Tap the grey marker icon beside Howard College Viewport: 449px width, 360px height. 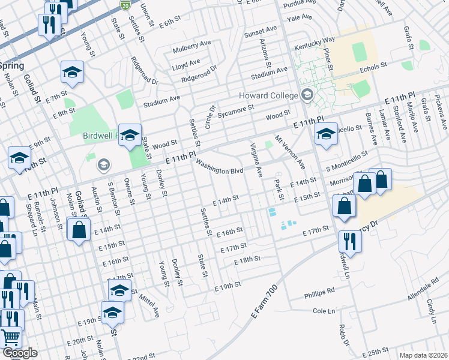point(307,95)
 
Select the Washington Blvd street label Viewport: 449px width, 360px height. point(220,167)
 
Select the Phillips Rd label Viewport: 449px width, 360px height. point(319,291)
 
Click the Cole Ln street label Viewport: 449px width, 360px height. point(324,311)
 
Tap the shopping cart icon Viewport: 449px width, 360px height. point(10,338)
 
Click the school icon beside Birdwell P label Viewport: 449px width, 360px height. point(129,136)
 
